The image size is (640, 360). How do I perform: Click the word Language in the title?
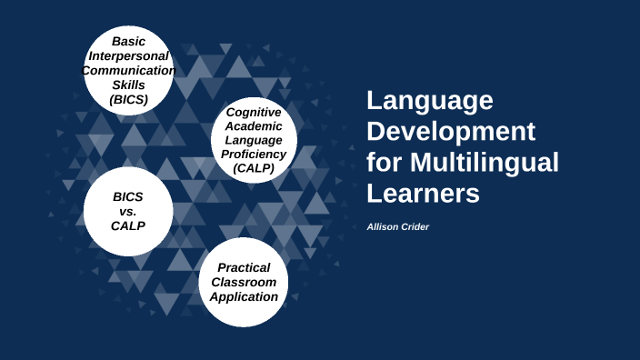click(x=430, y=101)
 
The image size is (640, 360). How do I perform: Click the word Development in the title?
click(x=451, y=132)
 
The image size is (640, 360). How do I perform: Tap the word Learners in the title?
click(x=423, y=194)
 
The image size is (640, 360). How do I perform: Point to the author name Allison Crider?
click(x=397, y=226)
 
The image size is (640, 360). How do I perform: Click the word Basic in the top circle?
click(x=129, y=42)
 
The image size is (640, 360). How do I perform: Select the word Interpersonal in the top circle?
click(x=128, y=56)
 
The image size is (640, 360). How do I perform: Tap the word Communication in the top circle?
click(x=129, y=71)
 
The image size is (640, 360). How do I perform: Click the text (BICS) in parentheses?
click(x=128, y=100)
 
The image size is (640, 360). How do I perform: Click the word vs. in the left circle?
click(x=128, y=211)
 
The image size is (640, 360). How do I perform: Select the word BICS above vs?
click(x=128, y=196)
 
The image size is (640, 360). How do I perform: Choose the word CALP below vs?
click(x=128, y=225)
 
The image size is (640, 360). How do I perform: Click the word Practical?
click(x=244, y=267)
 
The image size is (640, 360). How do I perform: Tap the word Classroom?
click(x=244, y=282)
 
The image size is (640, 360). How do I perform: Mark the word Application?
click(x=244, y=296)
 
